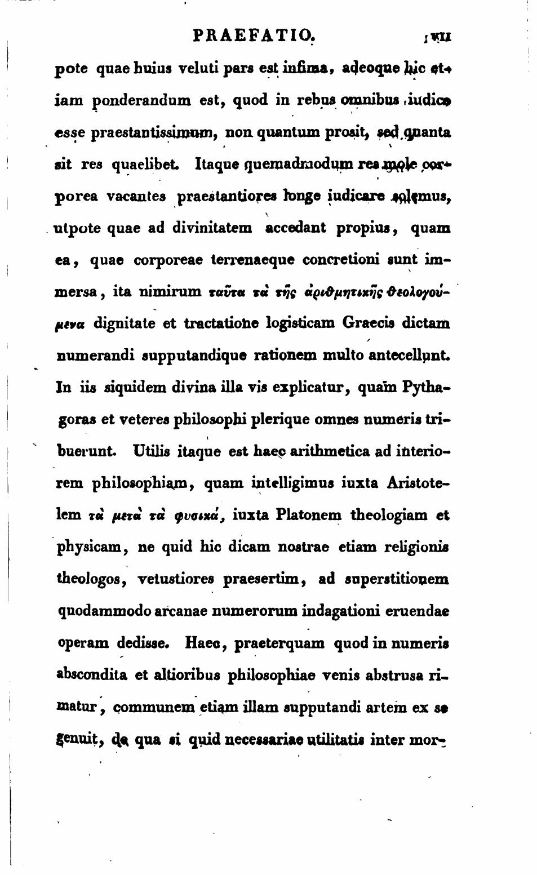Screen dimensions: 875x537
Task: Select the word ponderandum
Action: (122, 101)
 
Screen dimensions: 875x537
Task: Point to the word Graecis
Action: (363, 324)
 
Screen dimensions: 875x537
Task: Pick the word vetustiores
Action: (168, 579)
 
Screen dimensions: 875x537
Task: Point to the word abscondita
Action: (92, 674)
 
